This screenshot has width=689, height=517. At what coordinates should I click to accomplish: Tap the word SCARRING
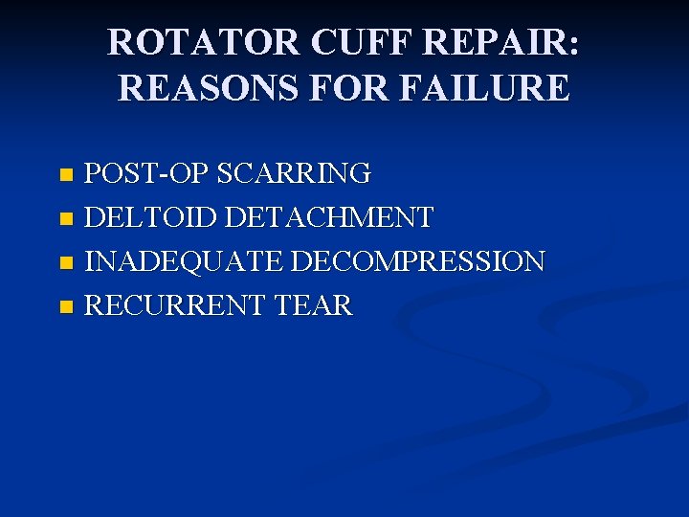coord(294,173)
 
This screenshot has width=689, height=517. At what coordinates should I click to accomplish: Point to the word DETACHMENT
coord(329,217)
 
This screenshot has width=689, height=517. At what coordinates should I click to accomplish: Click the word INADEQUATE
coord(184,261)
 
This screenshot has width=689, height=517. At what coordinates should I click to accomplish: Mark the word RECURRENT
coord(176,306)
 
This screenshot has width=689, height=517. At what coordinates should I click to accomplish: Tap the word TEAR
coord(313,306)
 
